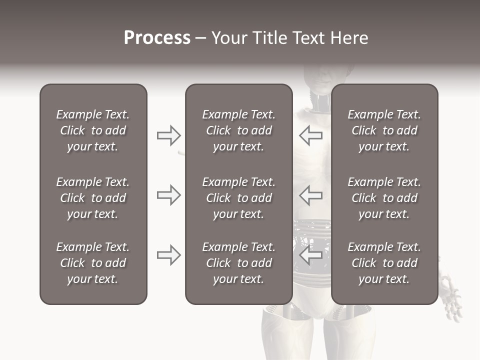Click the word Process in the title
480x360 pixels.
coord(157,38)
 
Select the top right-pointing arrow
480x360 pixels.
coord(168,135)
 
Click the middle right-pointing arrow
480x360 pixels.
coord(168,195)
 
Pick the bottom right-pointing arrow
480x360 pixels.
coord(168,255)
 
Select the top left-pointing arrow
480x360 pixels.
coord(311,135)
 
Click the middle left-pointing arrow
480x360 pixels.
coord(311,195)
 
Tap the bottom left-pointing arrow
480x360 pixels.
coord(311,255)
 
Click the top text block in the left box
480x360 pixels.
coord(93,130)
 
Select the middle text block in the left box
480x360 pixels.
coord(93,198)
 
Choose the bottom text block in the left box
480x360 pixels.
coord(93,263)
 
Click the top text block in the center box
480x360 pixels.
coord(238,130)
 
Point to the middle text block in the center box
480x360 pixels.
coord(238,198)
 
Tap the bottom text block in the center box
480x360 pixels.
coord(238,263)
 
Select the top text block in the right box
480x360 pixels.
coord(384,130)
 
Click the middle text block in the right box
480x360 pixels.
coord(384,198)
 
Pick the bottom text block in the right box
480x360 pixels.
coord(384,263)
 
